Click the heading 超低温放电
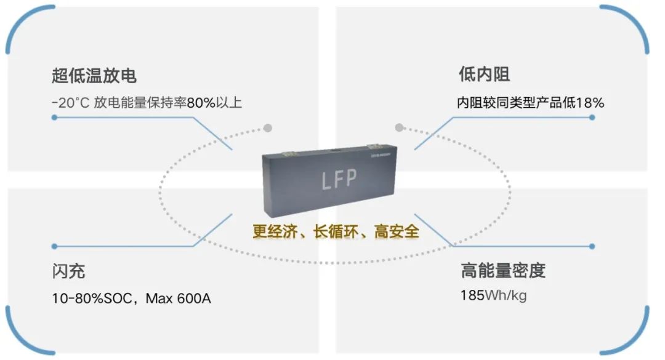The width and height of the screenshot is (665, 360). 94,76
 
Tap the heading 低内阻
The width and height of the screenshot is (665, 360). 484,75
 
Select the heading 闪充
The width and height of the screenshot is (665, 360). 68,271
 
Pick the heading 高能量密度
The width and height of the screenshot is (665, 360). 503,270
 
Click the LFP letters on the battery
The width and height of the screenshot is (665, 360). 339,180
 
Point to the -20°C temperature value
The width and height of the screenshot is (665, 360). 71,103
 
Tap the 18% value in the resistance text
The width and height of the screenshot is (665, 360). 590,103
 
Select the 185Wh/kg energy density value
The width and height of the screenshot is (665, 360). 493,295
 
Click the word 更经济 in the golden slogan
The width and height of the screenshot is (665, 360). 272,231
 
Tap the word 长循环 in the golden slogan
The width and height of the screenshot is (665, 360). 335,231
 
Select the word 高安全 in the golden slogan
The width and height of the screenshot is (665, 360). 397,231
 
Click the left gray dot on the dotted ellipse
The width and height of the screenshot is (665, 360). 267,128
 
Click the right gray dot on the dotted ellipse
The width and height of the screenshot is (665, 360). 399,128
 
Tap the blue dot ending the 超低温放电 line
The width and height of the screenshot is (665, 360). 55,117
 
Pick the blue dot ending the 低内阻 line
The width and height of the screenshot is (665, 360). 592,117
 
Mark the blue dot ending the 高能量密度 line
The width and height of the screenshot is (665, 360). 592,246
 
